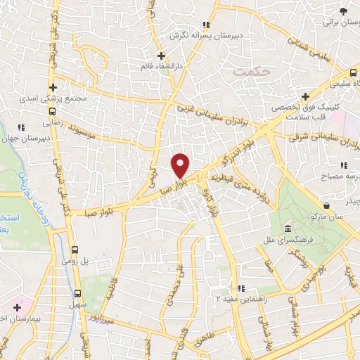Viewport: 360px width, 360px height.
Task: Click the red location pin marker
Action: [181, 165]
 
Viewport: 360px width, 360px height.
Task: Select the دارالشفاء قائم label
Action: [162, 66]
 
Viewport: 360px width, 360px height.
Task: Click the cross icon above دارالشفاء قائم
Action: [161, 55]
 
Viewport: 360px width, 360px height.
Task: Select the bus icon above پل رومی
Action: [76, 249]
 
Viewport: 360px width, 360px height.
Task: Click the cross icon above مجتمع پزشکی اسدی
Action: [53, 86]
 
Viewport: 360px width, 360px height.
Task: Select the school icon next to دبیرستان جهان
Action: [21, 127]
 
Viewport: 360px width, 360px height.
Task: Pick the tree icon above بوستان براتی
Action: [342, 12]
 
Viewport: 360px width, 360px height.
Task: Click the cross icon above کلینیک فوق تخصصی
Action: [304, 96]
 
